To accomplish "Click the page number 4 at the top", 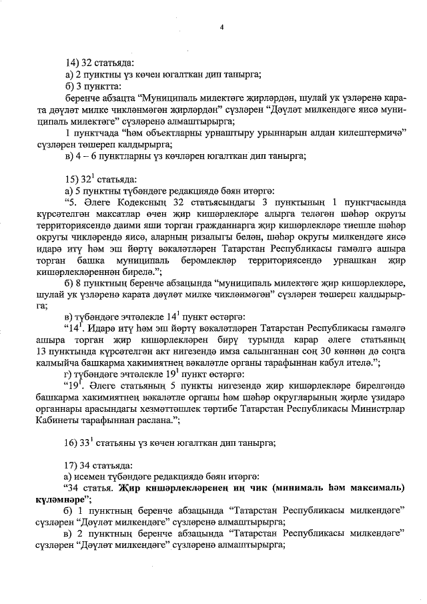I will [x=222, y=27].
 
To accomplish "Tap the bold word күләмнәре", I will [x=59, y=499].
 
